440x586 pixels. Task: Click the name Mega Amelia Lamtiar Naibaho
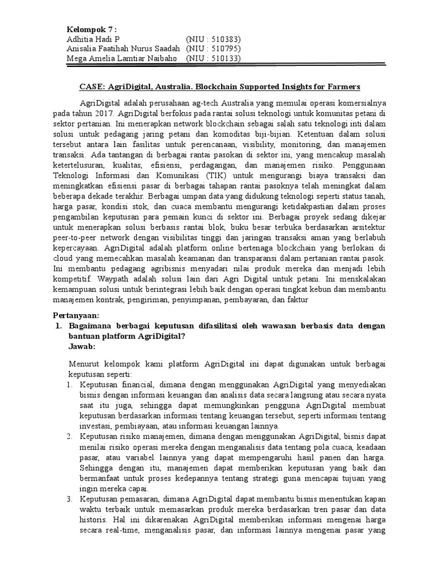point(123,58)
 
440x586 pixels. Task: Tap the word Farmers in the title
point(343,87)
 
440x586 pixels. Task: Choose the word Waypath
point(108,279)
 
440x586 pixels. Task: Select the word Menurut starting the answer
point(84,364)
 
